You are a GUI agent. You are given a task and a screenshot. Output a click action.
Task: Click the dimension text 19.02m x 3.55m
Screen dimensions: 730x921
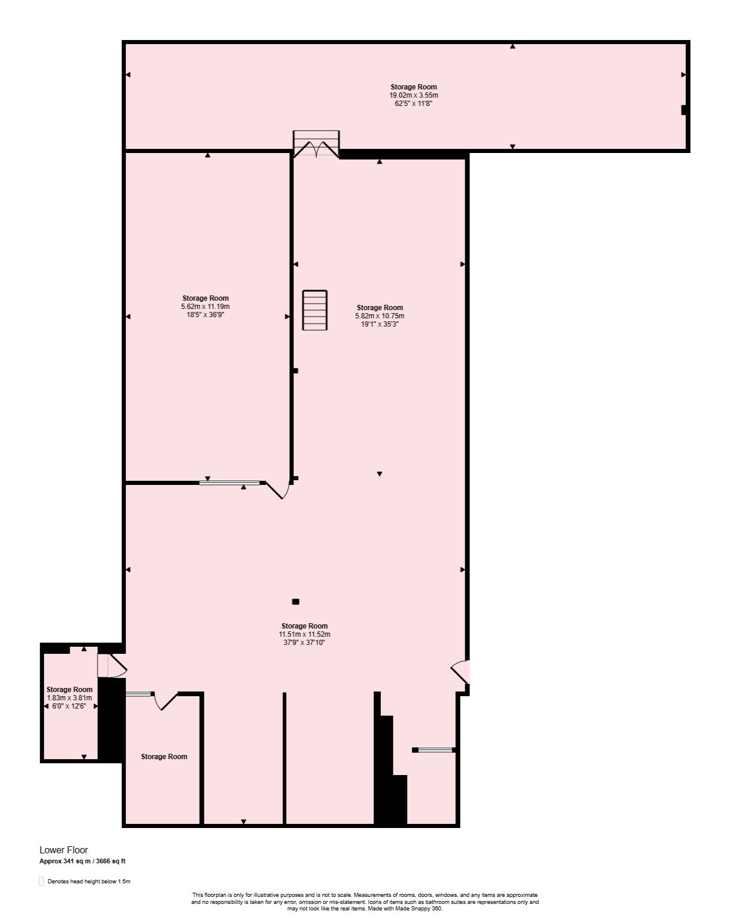413,95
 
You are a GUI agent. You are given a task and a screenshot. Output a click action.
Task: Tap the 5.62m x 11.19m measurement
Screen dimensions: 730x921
205,307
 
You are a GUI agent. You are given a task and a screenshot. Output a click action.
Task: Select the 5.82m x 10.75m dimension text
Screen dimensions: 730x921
379,316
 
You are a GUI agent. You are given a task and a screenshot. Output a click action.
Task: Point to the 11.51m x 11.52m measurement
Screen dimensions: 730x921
304,634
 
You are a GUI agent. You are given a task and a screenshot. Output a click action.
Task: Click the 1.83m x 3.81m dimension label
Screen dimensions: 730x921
69,698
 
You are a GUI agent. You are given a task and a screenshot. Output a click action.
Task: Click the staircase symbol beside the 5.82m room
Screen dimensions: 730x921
315,310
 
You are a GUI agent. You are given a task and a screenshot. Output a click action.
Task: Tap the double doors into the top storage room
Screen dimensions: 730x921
316,145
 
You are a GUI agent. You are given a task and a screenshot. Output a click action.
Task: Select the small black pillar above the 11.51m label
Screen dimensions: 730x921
296,601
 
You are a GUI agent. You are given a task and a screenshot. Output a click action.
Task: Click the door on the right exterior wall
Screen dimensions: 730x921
461,672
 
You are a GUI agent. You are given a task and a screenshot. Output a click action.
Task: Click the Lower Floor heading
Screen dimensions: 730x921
64,850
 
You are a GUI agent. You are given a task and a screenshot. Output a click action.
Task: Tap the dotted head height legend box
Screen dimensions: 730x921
42,881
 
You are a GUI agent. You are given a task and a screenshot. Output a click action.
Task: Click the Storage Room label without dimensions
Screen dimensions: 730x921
164,757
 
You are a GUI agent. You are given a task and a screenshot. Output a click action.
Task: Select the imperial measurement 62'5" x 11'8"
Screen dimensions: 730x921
413,103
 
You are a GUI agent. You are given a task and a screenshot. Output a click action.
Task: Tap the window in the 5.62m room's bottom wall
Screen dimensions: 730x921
230,483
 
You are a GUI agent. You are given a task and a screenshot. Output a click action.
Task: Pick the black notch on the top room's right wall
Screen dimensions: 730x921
684,110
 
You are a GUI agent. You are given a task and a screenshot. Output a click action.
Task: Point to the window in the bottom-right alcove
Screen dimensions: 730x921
435,750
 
